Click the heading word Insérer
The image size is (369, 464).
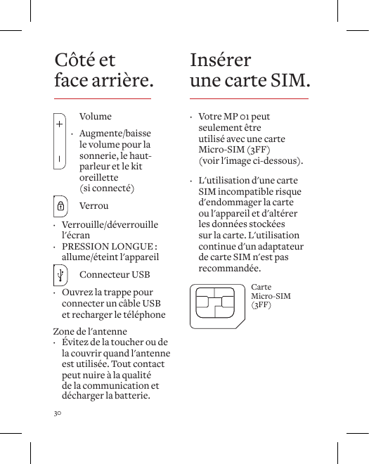220,60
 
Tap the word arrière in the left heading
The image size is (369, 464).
123,82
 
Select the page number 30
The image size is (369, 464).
58,411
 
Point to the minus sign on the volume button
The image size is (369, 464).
60,157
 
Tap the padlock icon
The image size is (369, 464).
61,207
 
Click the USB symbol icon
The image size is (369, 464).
61,274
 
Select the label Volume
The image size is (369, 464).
96,116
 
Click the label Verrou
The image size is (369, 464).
94,207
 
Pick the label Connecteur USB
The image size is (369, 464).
115,274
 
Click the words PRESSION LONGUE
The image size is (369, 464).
108,246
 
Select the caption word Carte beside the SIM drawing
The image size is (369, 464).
261,288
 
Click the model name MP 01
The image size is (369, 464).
234,116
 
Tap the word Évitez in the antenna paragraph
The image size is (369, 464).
76,342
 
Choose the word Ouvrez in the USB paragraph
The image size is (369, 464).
77,292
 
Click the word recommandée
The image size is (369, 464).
229,269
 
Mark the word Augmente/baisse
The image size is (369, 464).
115,134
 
